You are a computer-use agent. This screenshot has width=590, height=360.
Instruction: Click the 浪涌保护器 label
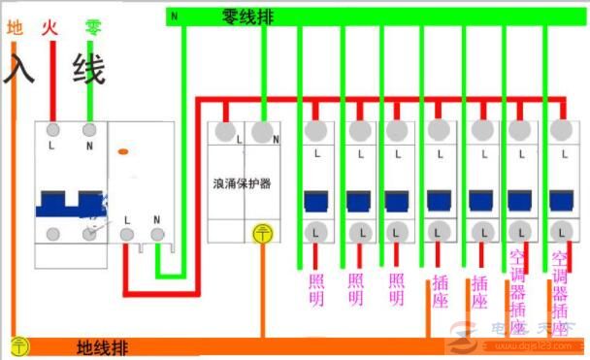coord(243,182)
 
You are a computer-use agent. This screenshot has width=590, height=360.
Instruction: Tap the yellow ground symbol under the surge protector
coord(261,233)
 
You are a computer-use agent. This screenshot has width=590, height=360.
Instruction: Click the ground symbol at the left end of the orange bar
coord(18,344)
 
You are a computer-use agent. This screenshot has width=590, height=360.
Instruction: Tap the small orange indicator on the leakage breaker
coord(122,151)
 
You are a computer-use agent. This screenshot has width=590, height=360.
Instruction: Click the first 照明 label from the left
coord(316,290)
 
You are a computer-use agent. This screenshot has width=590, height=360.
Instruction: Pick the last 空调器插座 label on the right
coord(560,285)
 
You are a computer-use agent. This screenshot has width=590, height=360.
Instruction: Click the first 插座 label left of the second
coord(440,290)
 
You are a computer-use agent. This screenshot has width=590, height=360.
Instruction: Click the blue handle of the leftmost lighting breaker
coord(316,201)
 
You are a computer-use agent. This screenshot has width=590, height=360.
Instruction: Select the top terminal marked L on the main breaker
coord(52,129)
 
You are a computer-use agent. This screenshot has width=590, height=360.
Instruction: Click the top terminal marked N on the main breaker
coord(90,129)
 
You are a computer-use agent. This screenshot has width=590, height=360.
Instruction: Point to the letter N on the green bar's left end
coord(175,16)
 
